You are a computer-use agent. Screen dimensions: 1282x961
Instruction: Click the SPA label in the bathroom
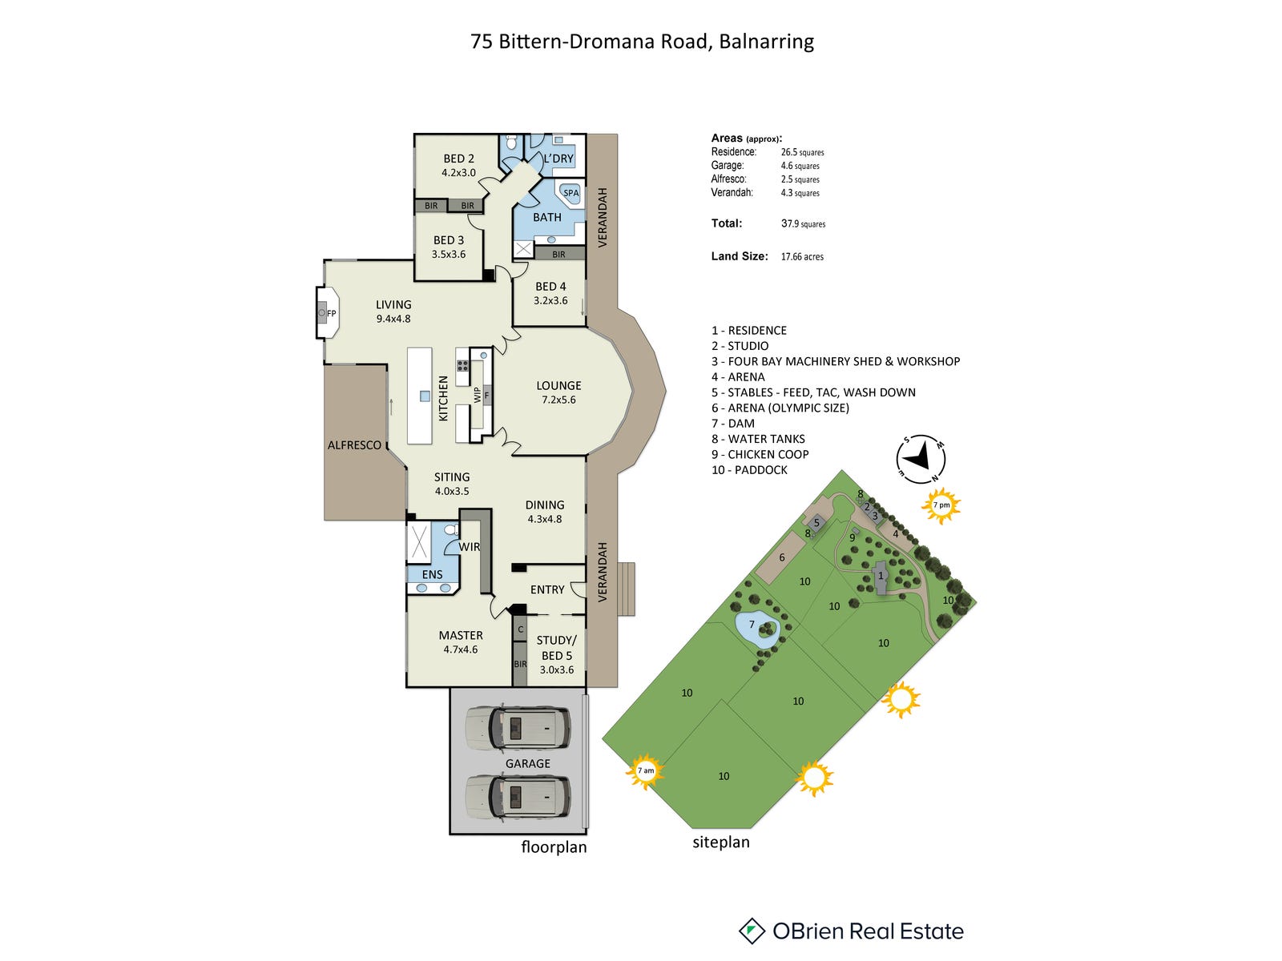[x=570, y=193]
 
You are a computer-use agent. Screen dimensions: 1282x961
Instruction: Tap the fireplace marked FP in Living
[x=328, y=313]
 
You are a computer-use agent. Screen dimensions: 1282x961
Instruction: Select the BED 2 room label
[x=459, y=159]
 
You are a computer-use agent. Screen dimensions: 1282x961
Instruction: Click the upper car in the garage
[x=518, y=728]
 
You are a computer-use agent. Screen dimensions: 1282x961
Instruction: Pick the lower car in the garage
[x=518, y=797]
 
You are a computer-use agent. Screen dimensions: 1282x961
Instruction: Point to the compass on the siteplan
[x=921, y=459]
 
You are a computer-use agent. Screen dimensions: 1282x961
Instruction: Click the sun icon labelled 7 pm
[x=941, y=505]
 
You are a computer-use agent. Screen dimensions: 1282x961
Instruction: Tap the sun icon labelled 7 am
[x=646, y=771]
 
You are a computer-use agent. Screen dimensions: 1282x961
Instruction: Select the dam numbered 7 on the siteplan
[x=756, y=630]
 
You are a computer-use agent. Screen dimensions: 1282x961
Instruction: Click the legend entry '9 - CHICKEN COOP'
[x=760, y=454]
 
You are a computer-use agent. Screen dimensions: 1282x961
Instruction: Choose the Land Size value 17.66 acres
[x=802, y=257]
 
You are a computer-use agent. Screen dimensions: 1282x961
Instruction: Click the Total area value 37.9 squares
[x=803, y=224]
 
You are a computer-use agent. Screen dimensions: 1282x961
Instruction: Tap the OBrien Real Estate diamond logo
[x=752, y=931]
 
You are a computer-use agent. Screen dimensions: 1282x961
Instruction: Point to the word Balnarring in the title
[x=766, y=42]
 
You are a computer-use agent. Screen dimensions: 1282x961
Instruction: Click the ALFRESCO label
[x=354, y=445]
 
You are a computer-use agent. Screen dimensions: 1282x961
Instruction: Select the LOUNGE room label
[x=558, y=385]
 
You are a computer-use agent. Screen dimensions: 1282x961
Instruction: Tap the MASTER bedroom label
[x=461, y=635]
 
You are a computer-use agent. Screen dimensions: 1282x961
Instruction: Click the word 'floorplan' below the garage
[x=554, y=847]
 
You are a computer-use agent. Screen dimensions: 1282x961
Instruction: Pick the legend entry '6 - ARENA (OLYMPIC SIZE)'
[x=780, y=408]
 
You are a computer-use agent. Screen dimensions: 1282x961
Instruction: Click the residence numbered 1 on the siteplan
[x=881, y=577]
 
